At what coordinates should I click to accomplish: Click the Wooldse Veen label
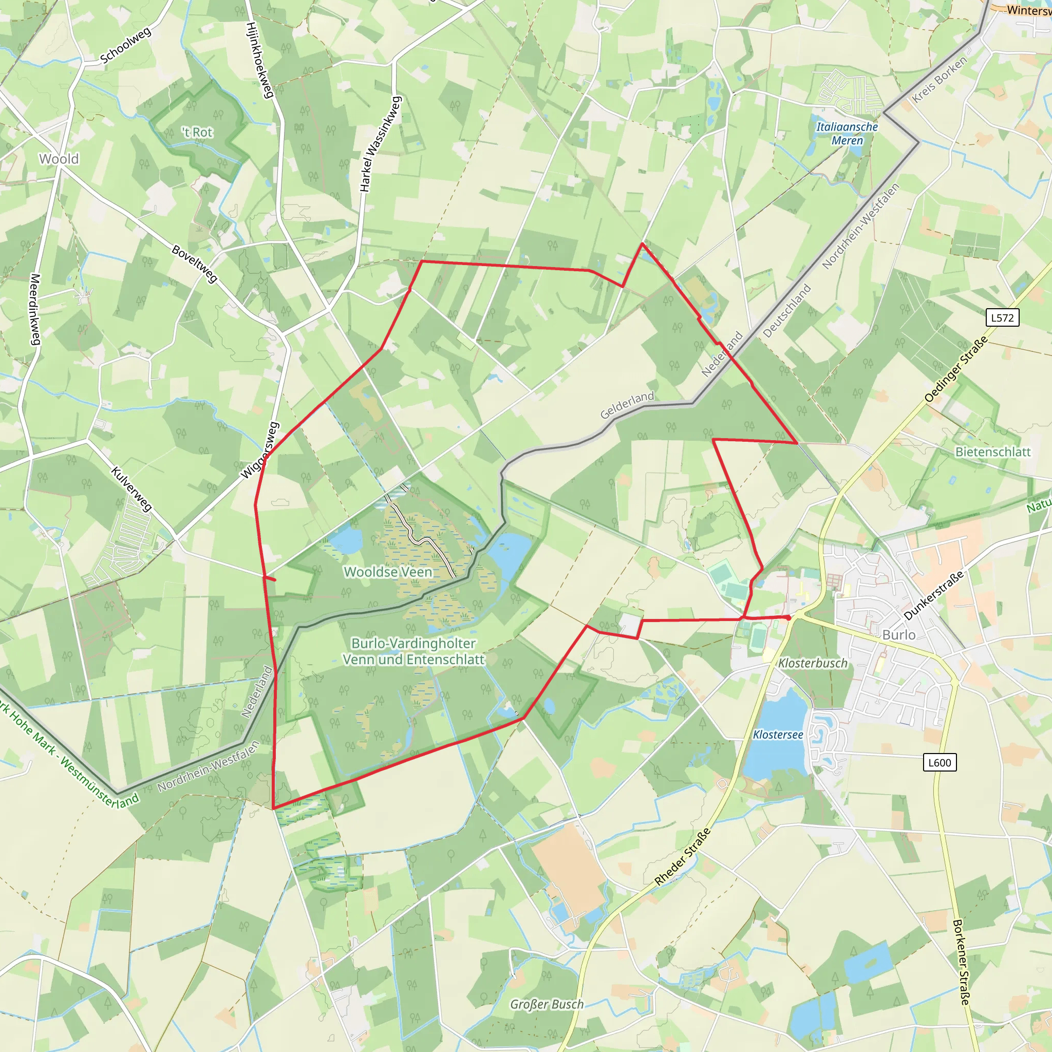coord(388,572)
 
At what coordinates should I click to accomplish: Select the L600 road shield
coord(940,762)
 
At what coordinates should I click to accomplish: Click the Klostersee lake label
coord(778,735)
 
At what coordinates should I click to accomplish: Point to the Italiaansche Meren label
coord(847,134)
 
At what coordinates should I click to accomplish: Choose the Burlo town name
coord(899,635)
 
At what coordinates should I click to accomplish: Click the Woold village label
coord(59,159)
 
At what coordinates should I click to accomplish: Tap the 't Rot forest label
coord(197,133)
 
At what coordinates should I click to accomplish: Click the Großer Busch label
coord(547,1004)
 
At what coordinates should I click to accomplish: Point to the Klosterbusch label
coord(813,663)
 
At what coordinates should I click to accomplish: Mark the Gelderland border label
coord(627,406)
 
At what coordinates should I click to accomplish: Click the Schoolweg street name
coord(126,46)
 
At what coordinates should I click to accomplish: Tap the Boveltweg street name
coord(194,264)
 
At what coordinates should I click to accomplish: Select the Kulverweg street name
coord(131,489)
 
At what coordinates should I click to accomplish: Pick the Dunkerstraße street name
coord(934,595)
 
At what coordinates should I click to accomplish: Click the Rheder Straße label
coord(682,856)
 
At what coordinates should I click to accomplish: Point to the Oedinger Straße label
coord(955,370)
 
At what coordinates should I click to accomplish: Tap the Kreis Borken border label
coord(940,80)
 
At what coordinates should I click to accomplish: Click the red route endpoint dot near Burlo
coord(788,617)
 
